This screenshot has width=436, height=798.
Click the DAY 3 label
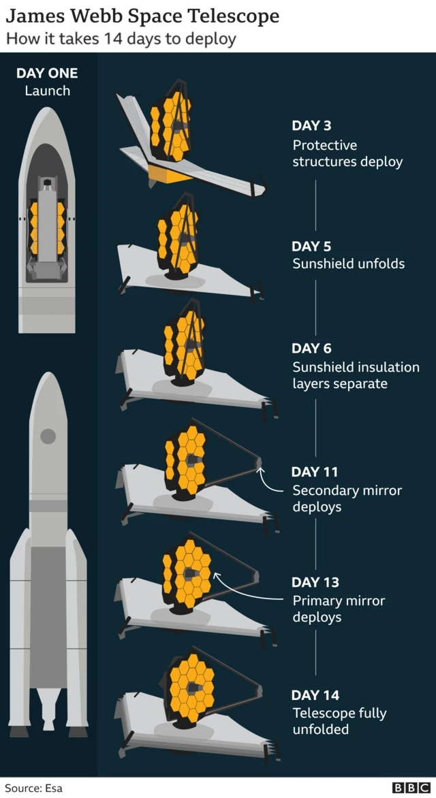311,125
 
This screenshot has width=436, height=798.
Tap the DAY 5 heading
311,246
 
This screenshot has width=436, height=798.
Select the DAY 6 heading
311,348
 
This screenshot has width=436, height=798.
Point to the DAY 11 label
315,472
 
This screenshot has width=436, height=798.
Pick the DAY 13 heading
315,581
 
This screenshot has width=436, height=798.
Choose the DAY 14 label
315,695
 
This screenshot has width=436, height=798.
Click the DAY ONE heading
47,74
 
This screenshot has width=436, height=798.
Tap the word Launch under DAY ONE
48,91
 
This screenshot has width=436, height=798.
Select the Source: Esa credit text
33,788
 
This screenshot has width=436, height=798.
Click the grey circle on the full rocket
48,436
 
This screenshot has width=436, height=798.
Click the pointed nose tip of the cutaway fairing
48,108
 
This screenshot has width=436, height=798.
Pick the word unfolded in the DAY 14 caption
320,729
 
